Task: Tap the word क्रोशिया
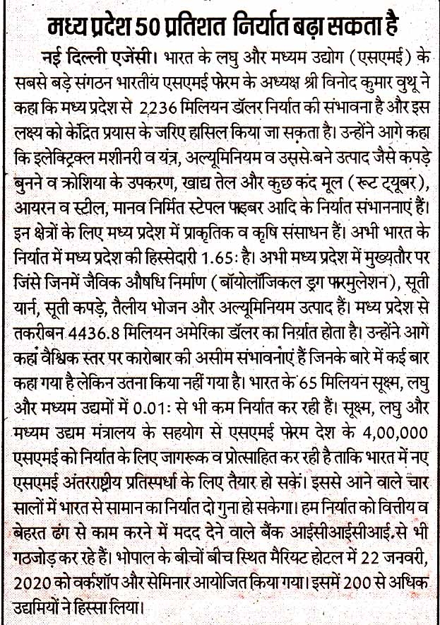79,168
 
